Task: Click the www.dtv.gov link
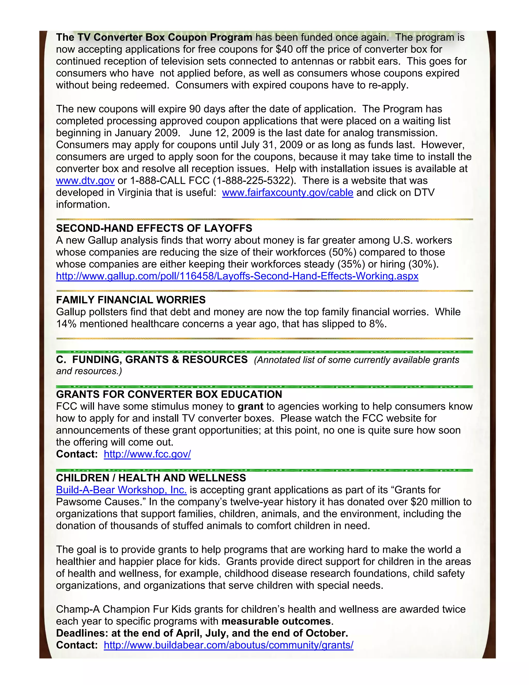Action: (x=85, y=181)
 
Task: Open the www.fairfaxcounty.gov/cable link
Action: (x=287, y=193)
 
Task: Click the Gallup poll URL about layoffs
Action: (x=237, y=276)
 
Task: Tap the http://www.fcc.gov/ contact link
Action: (x=147, y=454)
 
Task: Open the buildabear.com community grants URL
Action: (x=228, y=645)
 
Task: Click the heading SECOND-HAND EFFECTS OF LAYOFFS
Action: (x=154, y=228)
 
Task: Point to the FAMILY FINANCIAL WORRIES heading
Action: (x=131, y=300)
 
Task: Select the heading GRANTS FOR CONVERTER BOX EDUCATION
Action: (x=169, y=394)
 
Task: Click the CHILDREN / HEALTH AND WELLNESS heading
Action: (x=151, y=478)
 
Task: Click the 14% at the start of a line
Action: (x=66, y=324)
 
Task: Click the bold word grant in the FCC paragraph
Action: (x=250, y=407)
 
